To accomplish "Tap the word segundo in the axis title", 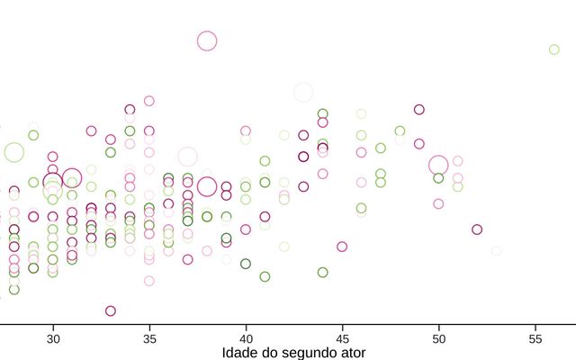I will pyautogui.click(x=307, y=353).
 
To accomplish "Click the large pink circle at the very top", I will pyautogui.click(x=207, y=40).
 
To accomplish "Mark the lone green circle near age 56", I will pyautogui.click(x=554, y=49).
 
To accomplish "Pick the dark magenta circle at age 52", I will pyautogui.click(x=477, y=229).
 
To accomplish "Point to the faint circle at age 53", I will pyautogui.click(x=496, y=250).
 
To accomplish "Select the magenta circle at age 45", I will pyautogui.click(x=342, y=246).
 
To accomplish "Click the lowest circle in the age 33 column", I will pyautogui.click(x=111, y=310).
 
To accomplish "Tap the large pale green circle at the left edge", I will pyautogui.click(x=13, y=152).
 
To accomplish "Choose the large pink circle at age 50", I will pyautogui.click(x=438, y=165).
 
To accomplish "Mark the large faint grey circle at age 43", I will pyautogui.click(x=303, y=92).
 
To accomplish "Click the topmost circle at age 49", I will pyautogui.click(x=419, y=110).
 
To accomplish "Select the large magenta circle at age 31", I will pyautogui.click(x=72, y=178).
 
